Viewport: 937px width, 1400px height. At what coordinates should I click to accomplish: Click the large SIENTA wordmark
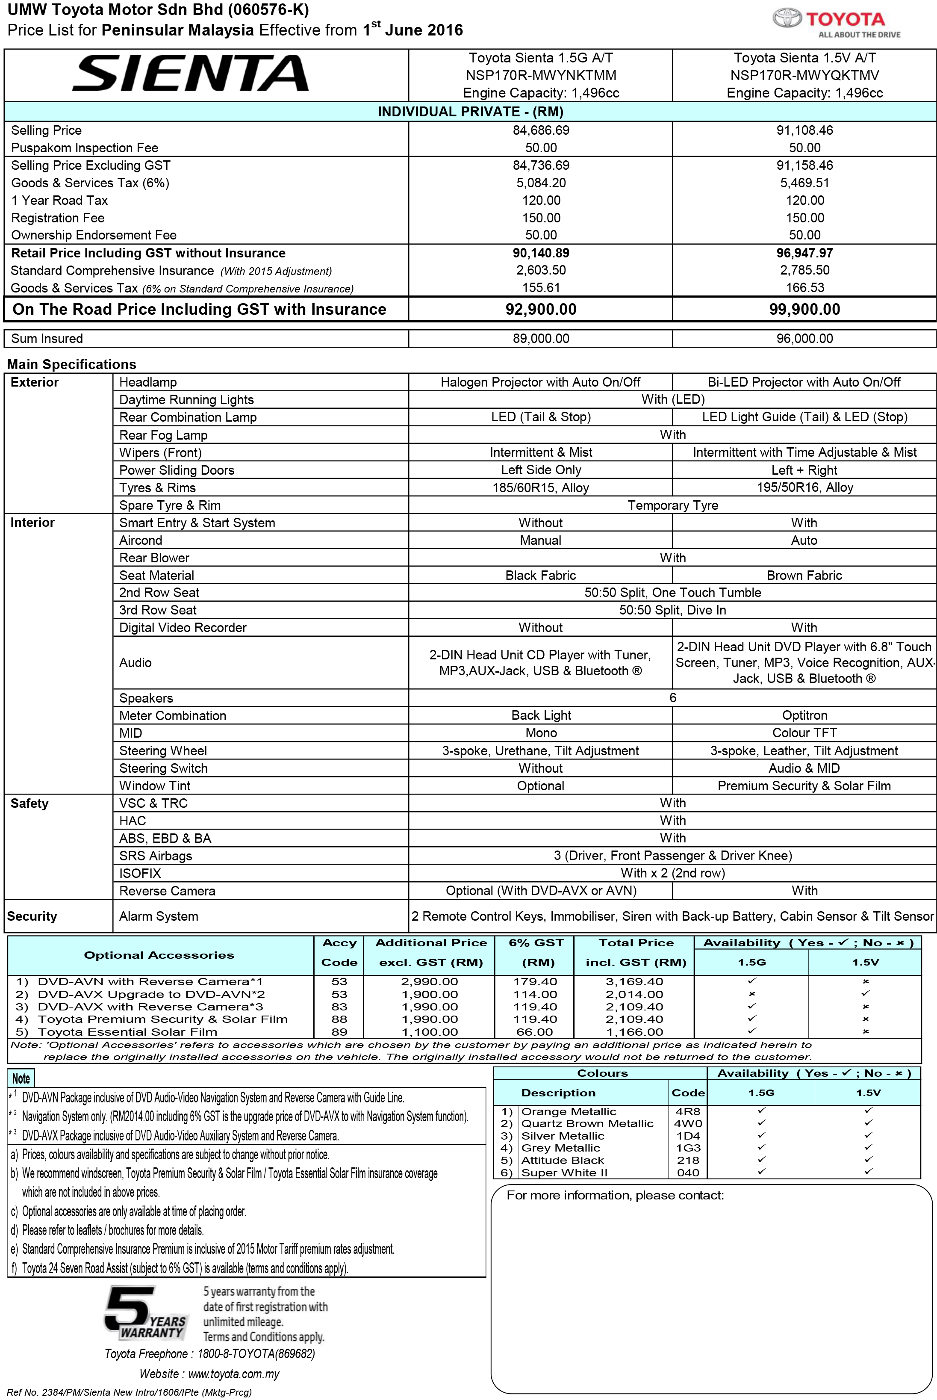coord(190,74)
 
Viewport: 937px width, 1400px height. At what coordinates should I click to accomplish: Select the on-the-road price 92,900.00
coord(541,309)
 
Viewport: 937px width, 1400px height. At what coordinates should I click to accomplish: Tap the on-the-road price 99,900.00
coord(804,309)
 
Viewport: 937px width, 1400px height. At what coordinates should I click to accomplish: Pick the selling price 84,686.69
coord(541,130)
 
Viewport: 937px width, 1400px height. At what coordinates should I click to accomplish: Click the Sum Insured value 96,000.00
coord(804,338)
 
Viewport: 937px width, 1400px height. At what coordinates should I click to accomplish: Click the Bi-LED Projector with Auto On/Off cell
coord(804,382)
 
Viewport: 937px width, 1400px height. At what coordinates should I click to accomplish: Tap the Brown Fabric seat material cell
coord(804,575)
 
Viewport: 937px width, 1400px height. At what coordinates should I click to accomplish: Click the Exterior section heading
coord(35,382)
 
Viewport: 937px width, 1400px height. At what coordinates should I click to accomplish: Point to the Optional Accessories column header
coord(159,955)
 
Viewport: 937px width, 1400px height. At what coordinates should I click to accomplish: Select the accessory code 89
coord(339,1032)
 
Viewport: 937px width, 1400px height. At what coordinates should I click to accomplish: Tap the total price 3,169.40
coord(634,981)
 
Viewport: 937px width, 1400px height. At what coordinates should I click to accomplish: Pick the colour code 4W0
coord(688,1123)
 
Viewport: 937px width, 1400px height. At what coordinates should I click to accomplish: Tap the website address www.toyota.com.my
coord(234,1373)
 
